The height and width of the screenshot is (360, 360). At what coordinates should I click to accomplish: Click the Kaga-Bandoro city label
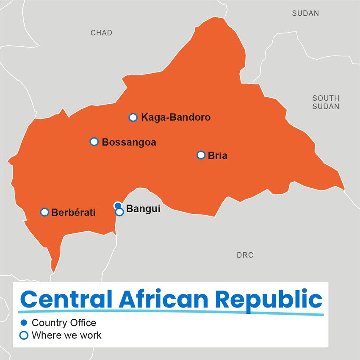click(176, 117)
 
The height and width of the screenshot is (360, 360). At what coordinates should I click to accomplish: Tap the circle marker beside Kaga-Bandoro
click(133, 117)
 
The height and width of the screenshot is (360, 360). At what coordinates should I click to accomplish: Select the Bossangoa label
click(129, 142)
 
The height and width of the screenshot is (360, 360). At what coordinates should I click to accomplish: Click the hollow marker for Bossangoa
click(94, 142)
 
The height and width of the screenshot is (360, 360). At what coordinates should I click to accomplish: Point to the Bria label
click(218, 155)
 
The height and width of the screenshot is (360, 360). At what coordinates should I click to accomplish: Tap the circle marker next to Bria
click(201, 155)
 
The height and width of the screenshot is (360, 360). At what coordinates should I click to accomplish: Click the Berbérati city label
click(73, 213)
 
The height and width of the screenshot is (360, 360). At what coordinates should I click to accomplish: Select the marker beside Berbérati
click(44, 212)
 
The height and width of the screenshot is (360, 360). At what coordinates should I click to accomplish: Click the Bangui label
click(144, 209)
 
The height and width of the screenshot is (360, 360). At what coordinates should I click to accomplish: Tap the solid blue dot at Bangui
click(118, 205)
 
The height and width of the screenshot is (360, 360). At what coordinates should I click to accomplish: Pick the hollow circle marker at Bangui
click(120, 212)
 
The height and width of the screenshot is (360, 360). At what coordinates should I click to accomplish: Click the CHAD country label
click(101, 33)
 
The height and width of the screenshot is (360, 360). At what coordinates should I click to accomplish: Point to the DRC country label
click(245, 255)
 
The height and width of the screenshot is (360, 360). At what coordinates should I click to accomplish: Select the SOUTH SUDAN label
click(326, 102)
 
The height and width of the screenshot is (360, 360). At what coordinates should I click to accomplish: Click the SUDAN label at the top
click(305, 14)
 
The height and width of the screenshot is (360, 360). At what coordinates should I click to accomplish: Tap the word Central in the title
click(66, 299)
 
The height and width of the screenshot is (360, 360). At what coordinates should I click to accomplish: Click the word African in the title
click(164, 299)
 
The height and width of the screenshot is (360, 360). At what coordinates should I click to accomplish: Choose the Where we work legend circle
click(24, 335)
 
